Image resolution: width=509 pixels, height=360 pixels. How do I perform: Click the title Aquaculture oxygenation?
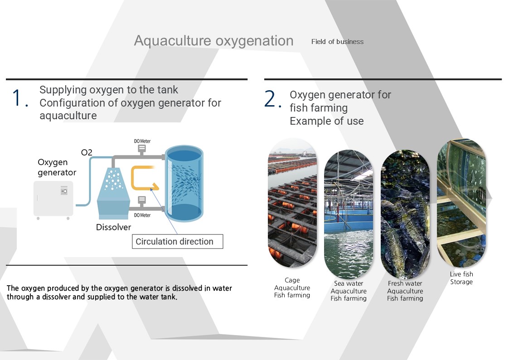coord(213,41)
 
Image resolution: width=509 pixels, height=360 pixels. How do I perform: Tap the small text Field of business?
coord(337,42)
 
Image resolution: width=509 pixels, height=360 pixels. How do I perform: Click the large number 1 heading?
coord(20,98)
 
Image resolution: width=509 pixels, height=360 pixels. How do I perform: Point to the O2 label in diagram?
coord(87,152)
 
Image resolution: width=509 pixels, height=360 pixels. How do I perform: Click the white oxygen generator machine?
coord(53,200)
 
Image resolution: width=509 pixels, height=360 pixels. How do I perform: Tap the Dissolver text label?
coord(114,227)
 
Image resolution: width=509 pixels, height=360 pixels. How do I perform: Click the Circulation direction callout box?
coord(178,242)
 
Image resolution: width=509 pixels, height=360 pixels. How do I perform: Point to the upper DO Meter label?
coord(142,141)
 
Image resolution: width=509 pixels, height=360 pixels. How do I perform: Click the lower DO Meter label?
coord(142,215)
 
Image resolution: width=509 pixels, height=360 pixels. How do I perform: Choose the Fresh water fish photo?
coord(405,214)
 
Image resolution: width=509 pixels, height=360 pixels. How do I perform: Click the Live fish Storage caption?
coord(461,278)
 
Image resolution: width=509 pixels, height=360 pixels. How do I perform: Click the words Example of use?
coord(326,121)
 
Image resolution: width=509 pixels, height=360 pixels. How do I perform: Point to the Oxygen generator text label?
coord(57,167)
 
